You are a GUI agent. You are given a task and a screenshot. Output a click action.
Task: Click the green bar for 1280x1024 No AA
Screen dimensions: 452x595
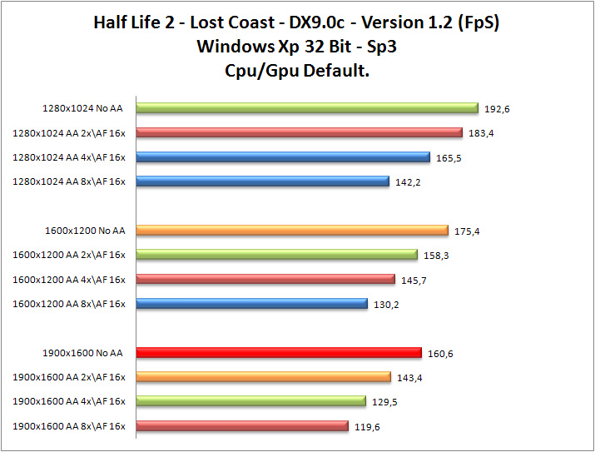pyautogui.click(x=306, y=108)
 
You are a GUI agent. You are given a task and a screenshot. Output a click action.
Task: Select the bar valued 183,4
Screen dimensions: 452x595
pyautogui.click(x=298, y=132)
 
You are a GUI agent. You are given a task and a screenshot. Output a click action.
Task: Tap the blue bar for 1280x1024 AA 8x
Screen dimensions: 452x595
pyautogui.click(x=262, y=181)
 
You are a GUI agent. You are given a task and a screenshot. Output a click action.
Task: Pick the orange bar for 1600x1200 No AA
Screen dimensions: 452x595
pyautogui.click(x=291, y=231)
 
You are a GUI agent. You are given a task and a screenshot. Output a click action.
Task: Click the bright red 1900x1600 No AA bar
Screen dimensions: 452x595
pyautogui.click(x=278, y=353)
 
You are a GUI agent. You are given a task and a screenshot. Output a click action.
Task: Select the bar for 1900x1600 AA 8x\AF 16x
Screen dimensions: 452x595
pyautogui.click(x=241, y=426)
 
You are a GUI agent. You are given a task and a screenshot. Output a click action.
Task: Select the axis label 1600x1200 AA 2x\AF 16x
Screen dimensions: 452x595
pyautogui.click(x=69, y=255)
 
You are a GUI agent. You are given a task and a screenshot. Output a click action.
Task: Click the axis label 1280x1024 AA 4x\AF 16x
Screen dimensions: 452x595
pyautogui.click(x=69, y=157)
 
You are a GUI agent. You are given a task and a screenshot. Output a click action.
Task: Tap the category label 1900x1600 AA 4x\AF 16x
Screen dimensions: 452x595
pyautogui.click(x=69, y=402)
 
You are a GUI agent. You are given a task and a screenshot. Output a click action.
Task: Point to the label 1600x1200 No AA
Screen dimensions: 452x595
pyautogui.click(x=85, y=231)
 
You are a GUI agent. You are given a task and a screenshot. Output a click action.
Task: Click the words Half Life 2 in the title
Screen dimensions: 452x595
pyautogui.click(x=141, y=23)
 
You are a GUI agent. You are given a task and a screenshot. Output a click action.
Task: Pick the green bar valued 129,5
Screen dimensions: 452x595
pyautogui.click(x=250, y=402)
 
